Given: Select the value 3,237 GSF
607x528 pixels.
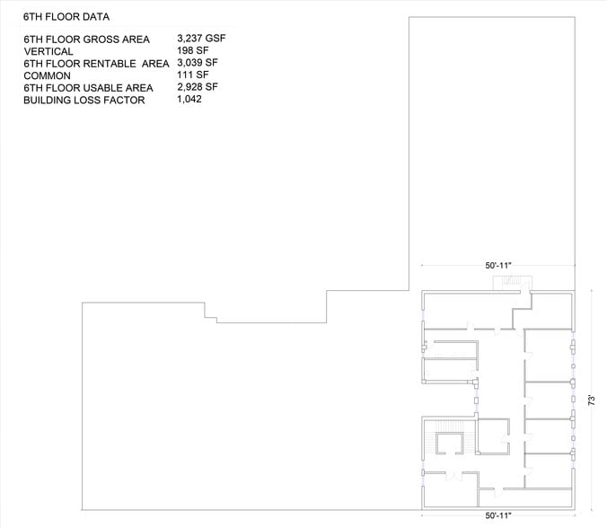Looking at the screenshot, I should [203, 40].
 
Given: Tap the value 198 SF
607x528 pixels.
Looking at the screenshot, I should [193, 51].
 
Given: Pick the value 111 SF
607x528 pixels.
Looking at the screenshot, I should [193, 75].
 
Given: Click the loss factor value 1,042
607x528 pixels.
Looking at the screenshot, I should [191, 99].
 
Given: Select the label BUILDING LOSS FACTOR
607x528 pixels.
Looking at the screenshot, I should [84, 100].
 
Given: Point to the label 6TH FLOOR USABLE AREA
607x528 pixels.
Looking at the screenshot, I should [89, 88].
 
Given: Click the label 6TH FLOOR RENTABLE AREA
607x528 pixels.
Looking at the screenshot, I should [95, 64].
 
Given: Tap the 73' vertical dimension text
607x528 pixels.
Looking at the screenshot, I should [594, 399].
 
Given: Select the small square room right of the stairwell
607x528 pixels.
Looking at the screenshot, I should [493, 437].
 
